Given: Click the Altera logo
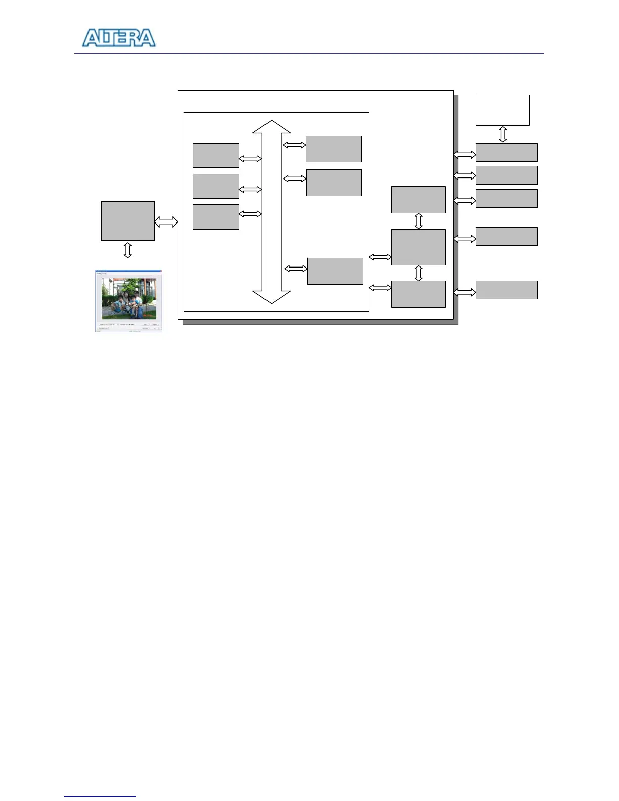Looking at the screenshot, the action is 119,38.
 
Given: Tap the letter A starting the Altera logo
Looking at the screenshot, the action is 92,38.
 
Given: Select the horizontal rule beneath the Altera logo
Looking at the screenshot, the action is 309,53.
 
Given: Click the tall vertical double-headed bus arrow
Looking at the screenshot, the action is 272,212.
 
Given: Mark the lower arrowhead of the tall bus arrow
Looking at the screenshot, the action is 272,297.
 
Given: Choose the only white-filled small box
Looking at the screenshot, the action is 503,110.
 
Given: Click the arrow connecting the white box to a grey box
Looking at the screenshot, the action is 503,135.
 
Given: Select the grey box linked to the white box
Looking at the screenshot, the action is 506,152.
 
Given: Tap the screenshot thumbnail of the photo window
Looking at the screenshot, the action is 128,301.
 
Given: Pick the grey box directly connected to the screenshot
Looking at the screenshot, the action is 127,221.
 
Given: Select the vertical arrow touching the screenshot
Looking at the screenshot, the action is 127,250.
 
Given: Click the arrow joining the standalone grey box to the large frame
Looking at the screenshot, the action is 166,221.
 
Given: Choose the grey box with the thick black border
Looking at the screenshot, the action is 334,183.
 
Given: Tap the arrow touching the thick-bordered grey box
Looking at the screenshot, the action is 294,179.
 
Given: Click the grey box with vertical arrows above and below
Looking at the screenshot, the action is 418,247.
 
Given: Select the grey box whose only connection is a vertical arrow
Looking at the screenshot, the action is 418,200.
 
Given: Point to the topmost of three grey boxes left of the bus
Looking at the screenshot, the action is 215,156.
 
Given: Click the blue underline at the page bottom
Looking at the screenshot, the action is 100,796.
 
